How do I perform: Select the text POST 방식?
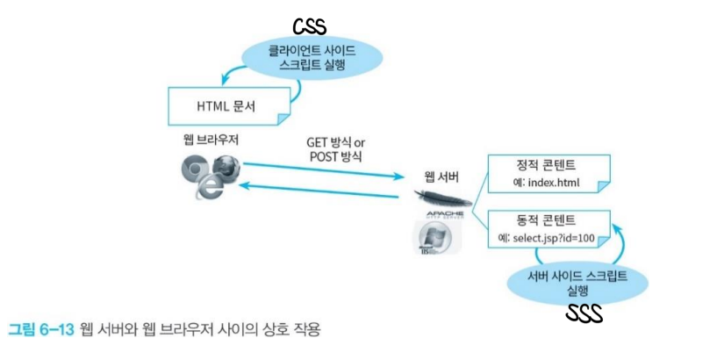point(334,158)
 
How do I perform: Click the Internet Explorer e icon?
point(204,187)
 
